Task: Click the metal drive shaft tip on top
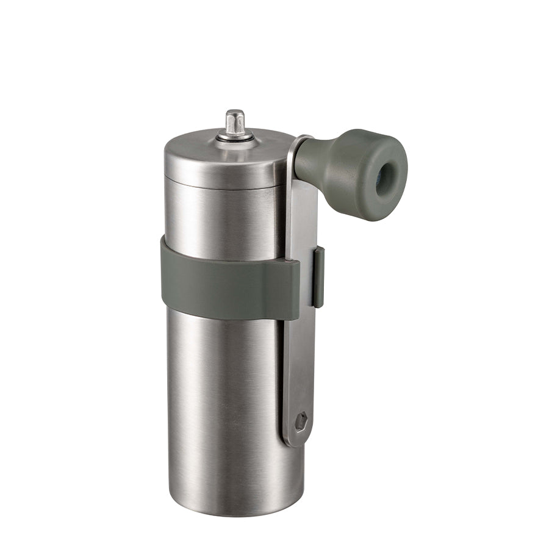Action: (234, 121)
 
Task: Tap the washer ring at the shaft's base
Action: (235, 137)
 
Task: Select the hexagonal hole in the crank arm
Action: (300, 422)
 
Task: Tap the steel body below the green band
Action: (226, 396)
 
